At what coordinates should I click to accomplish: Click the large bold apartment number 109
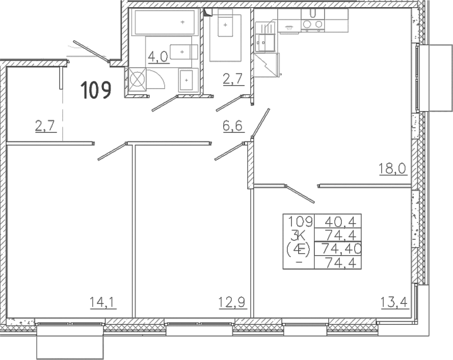[x=96, y=90]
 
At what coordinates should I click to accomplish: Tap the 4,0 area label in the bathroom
[x=158, y=57]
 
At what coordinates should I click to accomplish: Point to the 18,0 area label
[x=393, y=169]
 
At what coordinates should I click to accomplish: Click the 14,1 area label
[x=103, y=302]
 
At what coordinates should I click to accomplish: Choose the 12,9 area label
[x=232, y=302]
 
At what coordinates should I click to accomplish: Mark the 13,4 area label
[x=394, y=302]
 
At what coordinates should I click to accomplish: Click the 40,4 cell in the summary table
[x=339, y=221]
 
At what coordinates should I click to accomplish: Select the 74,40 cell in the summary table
[x=341, y=248]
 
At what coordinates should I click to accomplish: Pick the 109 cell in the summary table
[x=301, y=221]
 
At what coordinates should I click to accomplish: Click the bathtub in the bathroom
[x=165, y=22]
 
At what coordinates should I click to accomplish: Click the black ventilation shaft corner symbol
[x=207, y=12]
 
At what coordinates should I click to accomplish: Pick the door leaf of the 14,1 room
[x=112, y=151]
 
